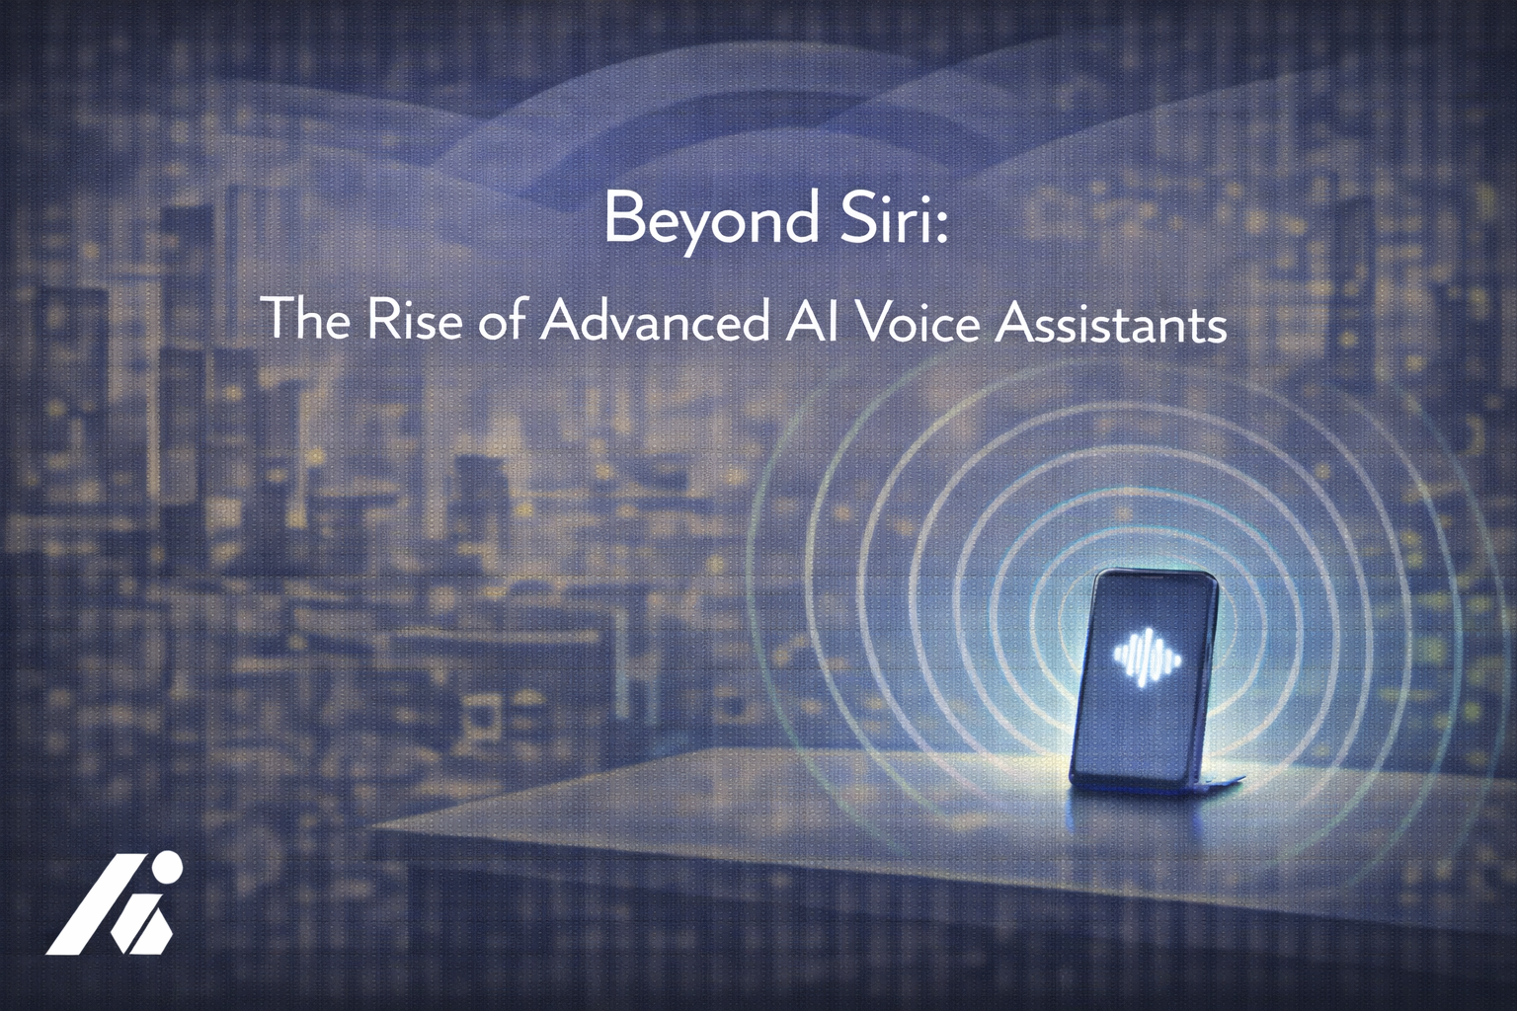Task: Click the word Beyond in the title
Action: coord(709,220)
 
